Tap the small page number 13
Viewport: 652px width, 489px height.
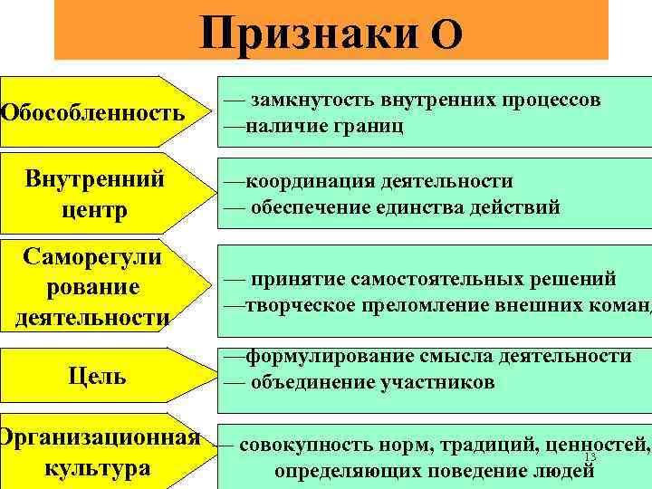590,458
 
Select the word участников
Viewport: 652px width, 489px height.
434,381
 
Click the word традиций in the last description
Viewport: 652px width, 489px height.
485,446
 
